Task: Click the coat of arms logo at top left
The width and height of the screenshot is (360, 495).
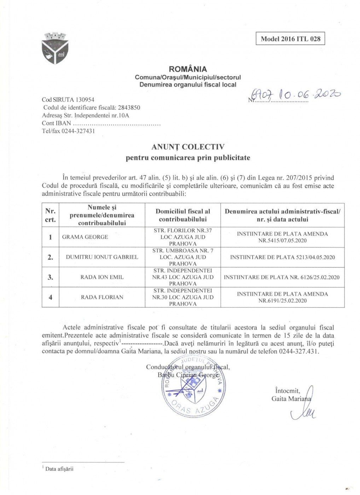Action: (55, 48)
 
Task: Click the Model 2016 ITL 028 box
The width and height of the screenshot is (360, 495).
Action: (290, 39)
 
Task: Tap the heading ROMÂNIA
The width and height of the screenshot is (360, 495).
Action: (188, 69)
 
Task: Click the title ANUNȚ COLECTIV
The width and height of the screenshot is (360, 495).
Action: (188, 147)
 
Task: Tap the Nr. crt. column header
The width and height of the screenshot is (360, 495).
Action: (50, 215)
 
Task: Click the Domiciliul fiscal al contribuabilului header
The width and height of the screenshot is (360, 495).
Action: (182, 215)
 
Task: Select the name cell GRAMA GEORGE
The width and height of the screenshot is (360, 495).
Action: (85, 237)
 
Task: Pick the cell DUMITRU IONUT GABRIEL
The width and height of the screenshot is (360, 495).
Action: (102, 257)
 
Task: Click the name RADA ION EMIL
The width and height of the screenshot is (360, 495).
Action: (102, 277)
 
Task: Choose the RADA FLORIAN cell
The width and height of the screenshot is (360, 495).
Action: (102, 297)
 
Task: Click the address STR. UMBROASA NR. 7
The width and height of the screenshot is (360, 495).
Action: (182, 251)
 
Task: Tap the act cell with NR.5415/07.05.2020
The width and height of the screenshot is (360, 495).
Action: (282, 237)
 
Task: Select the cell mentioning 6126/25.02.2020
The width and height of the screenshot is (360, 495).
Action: (281, 277)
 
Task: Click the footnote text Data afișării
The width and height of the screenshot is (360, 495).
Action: (59, 469)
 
